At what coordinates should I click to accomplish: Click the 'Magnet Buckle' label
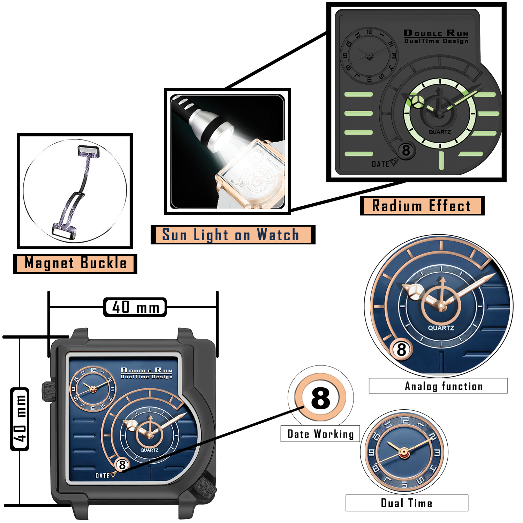tap(75, 263)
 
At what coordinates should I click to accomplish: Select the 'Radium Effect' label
tap(422, 206)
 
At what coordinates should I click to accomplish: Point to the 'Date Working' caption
tap(320, 434)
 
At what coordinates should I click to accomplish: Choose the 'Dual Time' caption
tap(407, 503)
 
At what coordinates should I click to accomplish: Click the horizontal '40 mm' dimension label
tap(135, 307)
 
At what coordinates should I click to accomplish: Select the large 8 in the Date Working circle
tap(320, 398)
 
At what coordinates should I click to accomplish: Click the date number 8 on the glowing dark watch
tap(406, 151)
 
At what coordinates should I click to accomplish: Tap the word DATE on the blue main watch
tap(103, 476)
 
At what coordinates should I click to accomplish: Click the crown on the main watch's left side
tap(48, 391)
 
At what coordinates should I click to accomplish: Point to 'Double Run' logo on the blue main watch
tap(146, 371)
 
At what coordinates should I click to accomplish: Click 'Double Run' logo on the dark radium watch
tap(436, 33)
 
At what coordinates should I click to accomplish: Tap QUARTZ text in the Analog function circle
tap(441, 328)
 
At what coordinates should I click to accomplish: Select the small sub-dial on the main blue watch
tap(93, 389)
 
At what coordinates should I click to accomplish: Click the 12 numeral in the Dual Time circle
tap(404, 420)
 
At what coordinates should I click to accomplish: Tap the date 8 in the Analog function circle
tap(401, 349)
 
